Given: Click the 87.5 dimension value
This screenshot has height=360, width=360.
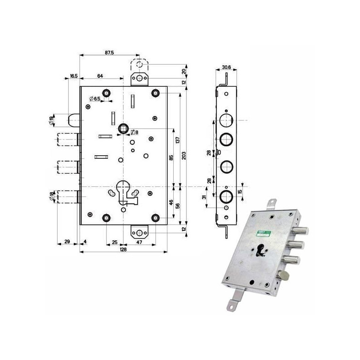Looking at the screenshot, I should pos(109,52).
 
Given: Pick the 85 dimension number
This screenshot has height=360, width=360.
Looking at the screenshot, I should pos(171,158).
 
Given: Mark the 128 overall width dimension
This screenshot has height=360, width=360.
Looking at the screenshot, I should pos(123,249).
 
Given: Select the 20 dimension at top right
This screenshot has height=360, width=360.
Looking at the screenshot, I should pos(184,72).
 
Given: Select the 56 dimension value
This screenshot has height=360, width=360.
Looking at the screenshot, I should pos(178,205).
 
